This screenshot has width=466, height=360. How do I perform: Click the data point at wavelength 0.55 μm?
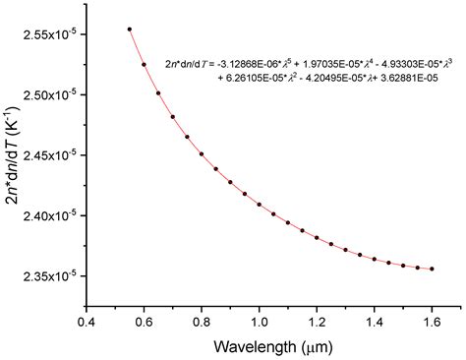[x=130, y=30]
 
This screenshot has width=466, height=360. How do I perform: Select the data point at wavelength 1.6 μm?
[x=432, y=269]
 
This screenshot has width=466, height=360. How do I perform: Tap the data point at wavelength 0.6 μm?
[x=144, y=65]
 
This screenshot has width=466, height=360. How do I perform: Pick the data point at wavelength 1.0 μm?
[x=260, y=205]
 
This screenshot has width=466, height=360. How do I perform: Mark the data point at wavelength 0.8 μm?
[x=202, y=154]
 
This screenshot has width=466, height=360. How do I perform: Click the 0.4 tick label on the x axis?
[x=87, y=321]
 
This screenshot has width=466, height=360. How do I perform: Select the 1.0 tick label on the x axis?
[x=260, y=321]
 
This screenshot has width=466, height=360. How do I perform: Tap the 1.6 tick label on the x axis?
[x=432, y=321]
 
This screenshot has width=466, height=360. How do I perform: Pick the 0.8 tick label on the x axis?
[x=202, y=321]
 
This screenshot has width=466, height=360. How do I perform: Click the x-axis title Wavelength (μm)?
[x=260, y=346]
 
